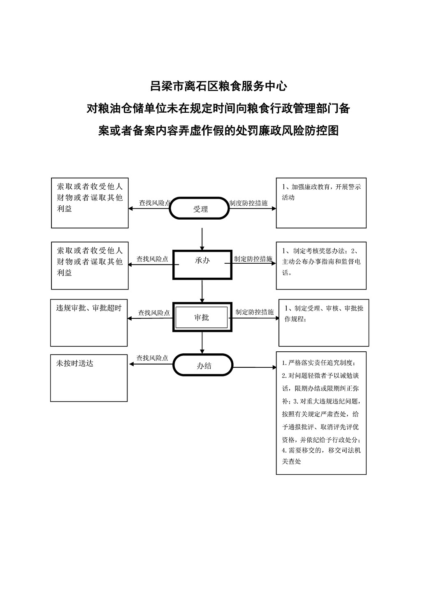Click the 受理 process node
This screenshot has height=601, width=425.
[x=200, y=209]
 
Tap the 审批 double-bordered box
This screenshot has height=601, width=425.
[x=202, y=317]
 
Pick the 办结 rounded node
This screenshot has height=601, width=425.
[x=203, y=365]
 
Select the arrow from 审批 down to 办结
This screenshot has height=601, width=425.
[x=202, y=342]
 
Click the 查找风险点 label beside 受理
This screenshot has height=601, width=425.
[x=154, y=203]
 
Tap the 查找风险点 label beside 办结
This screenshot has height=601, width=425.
[x=152, y=358]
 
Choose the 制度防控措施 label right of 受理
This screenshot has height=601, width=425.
[x=248, y=203]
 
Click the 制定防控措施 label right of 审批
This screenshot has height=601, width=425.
[x=254, y=312]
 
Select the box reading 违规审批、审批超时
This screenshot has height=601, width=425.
[x=89, y=323]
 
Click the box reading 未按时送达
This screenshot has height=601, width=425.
[x=89, y=378]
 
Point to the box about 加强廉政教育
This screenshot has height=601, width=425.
[x=321, y=203]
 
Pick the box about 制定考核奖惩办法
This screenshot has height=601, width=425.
[x=321, y=265]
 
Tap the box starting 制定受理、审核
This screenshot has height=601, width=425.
[x=324, y=323]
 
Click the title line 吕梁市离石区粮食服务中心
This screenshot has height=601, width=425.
[x=218, y=86]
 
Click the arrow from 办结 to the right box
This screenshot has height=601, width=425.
[x=255, y=367]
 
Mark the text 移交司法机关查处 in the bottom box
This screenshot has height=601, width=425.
[x=321, y=456]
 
